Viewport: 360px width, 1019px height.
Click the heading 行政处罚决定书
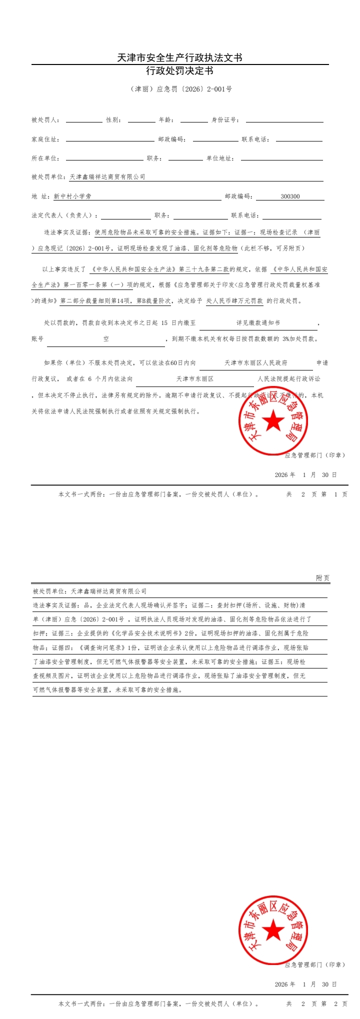point(179,71)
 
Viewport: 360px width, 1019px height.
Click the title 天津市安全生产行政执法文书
point(179,58)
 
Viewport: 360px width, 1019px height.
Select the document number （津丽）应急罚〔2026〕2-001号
point(181,89)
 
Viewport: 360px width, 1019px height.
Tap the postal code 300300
point(290,196)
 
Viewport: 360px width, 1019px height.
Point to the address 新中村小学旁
point(72,196)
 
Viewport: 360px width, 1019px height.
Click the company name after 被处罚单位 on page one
point(107,177)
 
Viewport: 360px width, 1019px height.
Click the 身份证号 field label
point(225,120)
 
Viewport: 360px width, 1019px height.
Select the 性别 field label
point(113,120)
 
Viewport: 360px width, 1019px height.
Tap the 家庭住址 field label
point(45,139)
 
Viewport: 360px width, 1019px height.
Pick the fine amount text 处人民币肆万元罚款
point(234,301)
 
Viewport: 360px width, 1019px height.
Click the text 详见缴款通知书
point(258,323)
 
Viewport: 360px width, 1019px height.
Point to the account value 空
point(106,339)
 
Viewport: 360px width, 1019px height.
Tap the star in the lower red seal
point(273,930)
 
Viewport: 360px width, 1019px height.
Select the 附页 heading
point(322,578)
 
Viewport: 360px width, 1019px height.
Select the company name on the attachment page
point(108,591)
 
